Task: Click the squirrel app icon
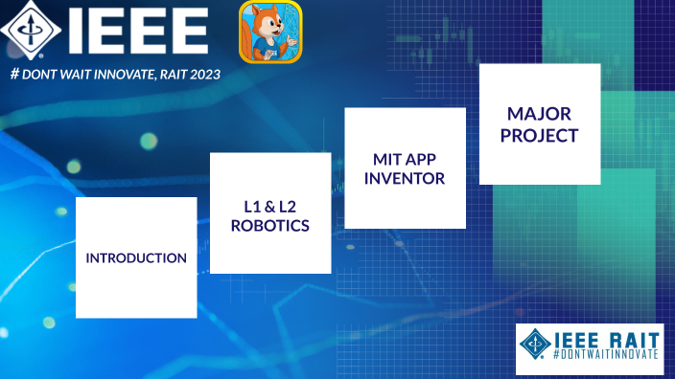click(269, 32)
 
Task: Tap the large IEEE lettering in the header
click(137, 32)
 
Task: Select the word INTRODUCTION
click(136, 258)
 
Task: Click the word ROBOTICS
click(270, 227)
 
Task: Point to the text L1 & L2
click(270, 206)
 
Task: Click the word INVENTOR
click(405, 178)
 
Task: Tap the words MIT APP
click(405, 158)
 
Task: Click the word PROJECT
click(539, 136)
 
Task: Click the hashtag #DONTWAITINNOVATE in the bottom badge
click(605, 354)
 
